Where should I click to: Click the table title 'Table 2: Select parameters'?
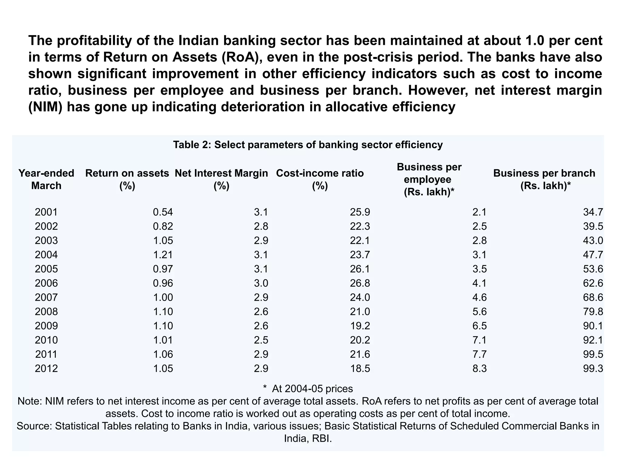tap(308, 145)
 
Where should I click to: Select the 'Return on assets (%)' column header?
tap(127, 179)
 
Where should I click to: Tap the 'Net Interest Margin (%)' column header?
tap(221, 179)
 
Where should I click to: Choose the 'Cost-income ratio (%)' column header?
tap(320, 179)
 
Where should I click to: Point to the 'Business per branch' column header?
tap(544, 179)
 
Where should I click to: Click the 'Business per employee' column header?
tap(429, 179)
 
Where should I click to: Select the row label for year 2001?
tap(46, 212)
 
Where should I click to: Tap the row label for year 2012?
tap(46, 369)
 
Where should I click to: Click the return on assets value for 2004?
tap(163, 255)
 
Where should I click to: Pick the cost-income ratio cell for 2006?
tap(360, 283)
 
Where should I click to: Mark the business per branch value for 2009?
tap(593, 326)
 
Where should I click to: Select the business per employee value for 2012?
tap(479, 369)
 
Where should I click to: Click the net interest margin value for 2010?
tap(261, 340)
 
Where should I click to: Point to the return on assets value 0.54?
tap(163, 212)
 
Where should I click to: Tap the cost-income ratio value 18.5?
tap(360, 369)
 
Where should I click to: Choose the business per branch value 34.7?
tap(593, 212)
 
